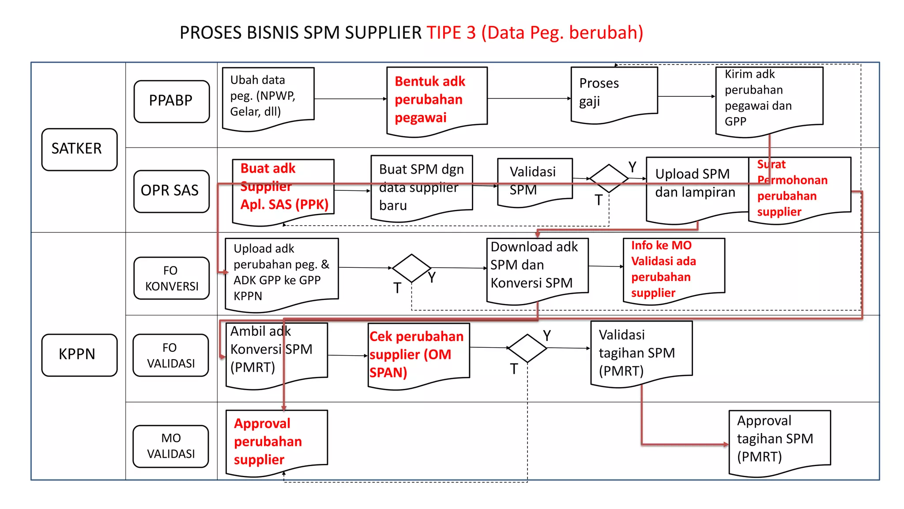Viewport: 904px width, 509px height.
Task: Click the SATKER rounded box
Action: coord(79,149)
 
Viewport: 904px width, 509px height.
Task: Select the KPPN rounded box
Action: coord(79,355)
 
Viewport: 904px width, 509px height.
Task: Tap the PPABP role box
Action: coord(171,101)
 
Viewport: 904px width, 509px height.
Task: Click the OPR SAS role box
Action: coord(171,191)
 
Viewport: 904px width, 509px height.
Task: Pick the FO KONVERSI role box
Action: coord(171,278)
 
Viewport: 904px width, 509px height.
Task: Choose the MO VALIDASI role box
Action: coord(171,446)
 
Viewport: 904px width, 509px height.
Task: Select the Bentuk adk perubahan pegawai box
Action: coord(437,100)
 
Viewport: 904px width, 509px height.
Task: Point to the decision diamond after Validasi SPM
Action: coord(609,179)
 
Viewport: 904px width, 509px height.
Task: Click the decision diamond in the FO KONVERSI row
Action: coord(411,268)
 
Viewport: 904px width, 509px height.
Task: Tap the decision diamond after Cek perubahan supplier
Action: coord(527,348)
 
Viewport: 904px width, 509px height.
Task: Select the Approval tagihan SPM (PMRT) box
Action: coord(779,440)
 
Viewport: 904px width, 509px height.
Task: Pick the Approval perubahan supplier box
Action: coord(276,441)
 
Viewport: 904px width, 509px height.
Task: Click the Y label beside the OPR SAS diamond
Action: coord(633,167)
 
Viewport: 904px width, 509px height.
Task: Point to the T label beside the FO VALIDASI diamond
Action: coord(514,369)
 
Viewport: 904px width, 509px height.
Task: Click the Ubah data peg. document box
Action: coord(268,97)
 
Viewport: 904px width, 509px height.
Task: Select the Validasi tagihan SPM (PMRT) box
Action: coord(641,353)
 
